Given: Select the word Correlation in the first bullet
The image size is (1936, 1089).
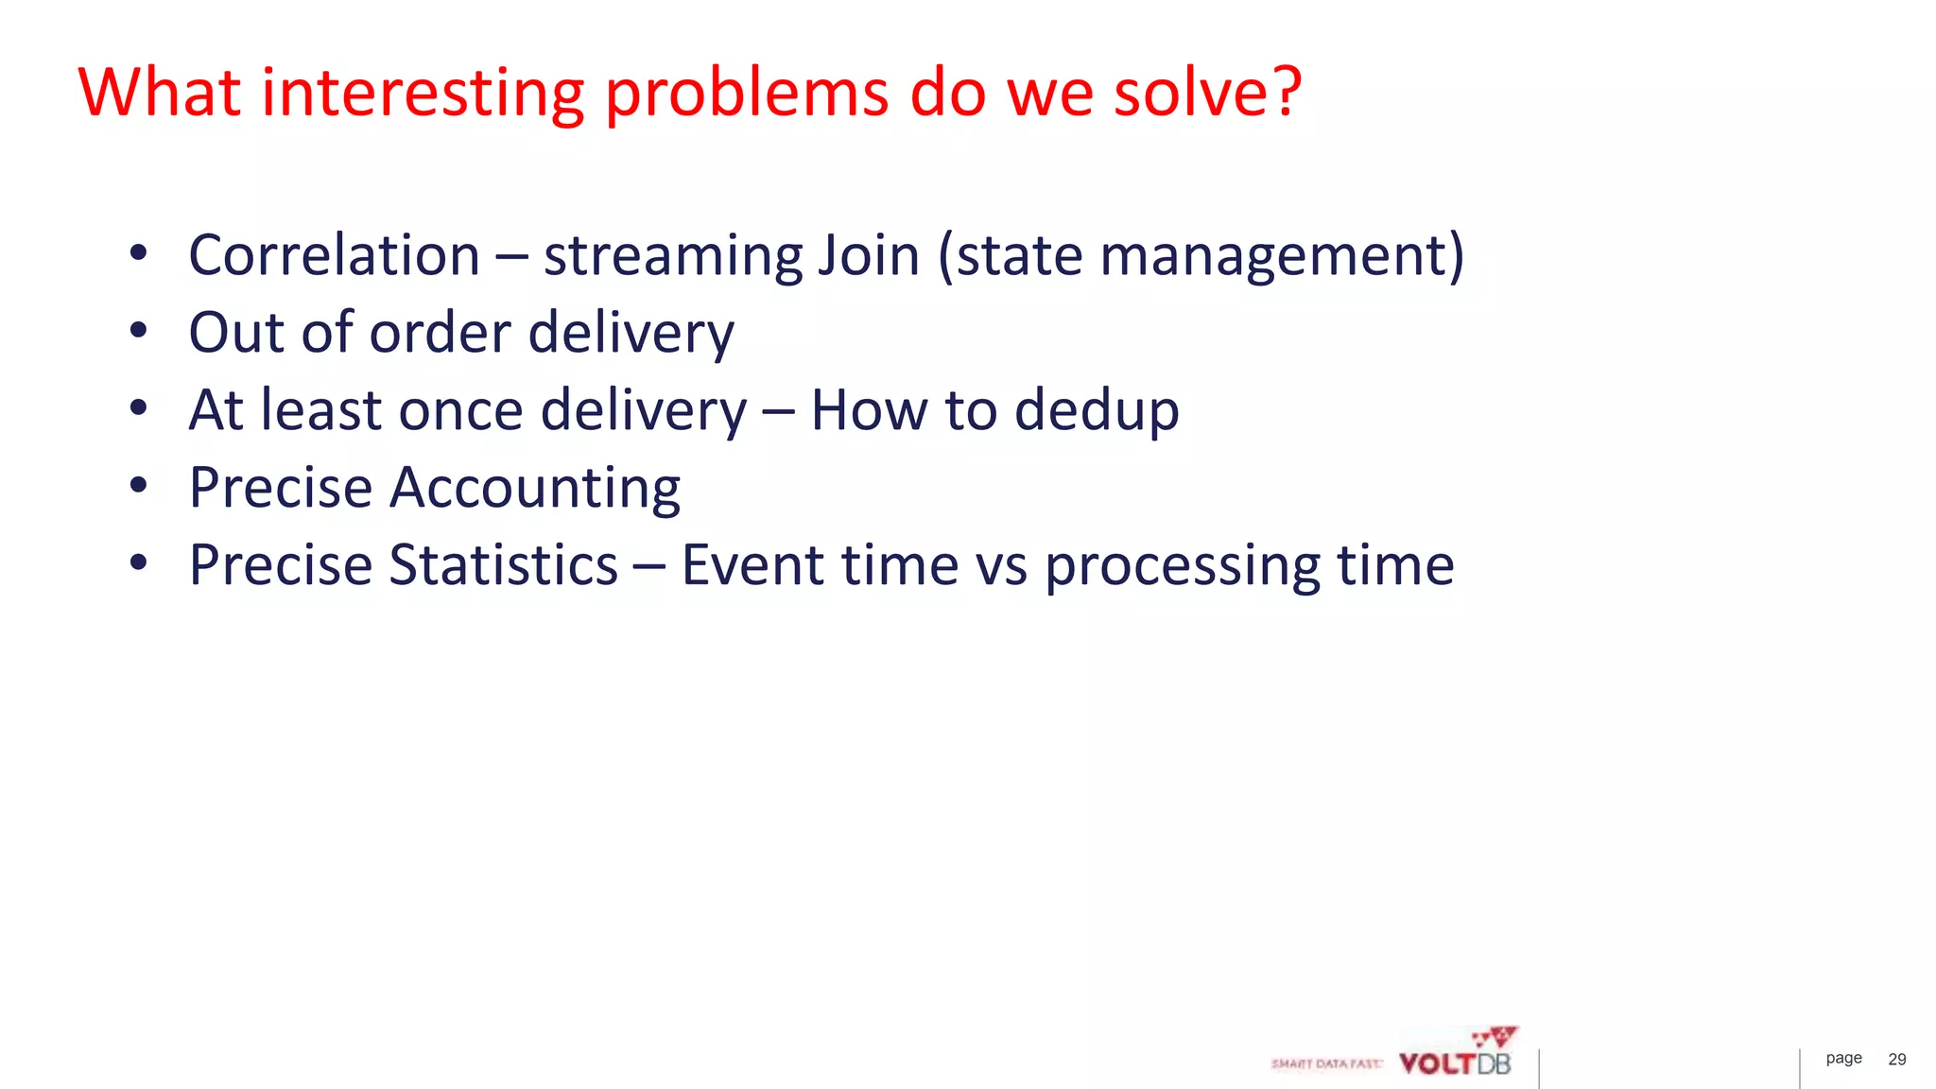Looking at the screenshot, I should pos(335,255).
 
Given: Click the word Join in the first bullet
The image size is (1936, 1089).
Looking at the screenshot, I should pos(868,255).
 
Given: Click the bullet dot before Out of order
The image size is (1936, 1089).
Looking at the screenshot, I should pos(139,331).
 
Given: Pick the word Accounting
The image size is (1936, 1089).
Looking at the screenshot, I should pos(535,488).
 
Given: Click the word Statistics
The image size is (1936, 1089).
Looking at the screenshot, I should pos(503,565).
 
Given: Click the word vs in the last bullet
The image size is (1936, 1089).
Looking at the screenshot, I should pos(1001,565).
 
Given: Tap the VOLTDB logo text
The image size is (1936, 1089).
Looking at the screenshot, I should pos(1455,1063).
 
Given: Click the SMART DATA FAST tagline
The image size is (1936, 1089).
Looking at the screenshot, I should pos(1325,1063).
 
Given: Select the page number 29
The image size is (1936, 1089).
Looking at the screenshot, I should pos(1896,1060).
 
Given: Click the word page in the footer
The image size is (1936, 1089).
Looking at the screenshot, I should pos(1843,1059).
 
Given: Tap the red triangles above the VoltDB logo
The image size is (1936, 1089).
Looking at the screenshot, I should pos(1496,1036).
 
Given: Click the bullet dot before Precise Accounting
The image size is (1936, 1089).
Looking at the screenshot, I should pos(139,486).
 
